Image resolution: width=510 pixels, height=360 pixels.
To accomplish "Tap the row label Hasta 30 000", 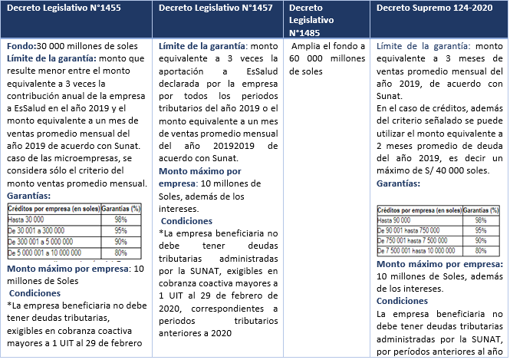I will click(25, 220).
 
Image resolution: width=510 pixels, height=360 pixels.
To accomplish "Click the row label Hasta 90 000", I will click(396, 220).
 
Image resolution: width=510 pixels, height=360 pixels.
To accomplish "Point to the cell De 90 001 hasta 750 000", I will click(410, 230).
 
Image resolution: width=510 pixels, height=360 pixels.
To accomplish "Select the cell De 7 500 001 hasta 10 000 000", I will click(419, 250).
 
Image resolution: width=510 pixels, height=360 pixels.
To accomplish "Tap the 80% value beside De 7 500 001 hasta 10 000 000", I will click(481, 250).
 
